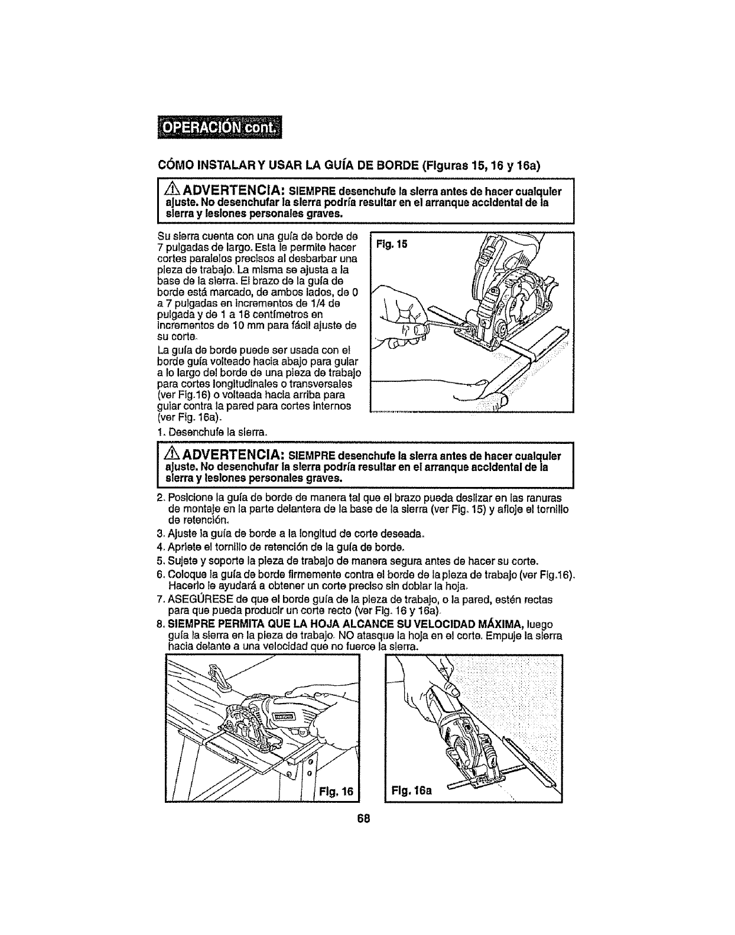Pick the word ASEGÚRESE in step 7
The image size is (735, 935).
pos(194,599)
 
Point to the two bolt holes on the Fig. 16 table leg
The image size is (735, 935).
pos(310,767)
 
